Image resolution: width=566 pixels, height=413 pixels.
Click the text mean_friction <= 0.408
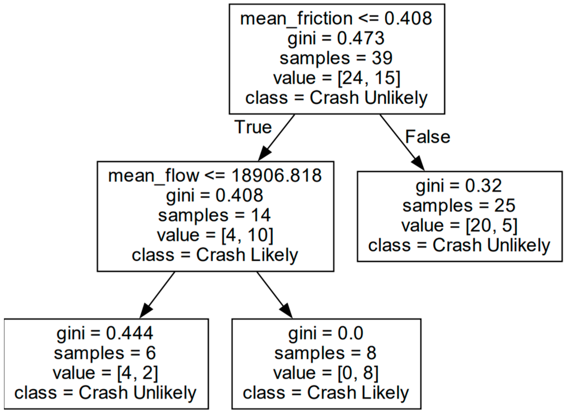point(336,19)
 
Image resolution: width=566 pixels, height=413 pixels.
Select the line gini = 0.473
point(336,39)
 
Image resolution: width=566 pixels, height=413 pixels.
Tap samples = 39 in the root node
point(336,58)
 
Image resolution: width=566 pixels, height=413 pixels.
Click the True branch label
point(253,127)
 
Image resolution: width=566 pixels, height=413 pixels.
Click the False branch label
point(428,137)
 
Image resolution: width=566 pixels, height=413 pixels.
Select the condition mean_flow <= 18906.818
point(215,176)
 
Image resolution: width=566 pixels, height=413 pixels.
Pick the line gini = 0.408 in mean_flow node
point(215,195)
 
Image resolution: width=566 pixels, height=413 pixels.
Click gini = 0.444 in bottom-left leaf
point(105,333)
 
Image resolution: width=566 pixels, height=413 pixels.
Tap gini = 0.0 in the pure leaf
point(326,333)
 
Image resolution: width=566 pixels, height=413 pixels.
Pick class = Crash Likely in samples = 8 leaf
point(326,393)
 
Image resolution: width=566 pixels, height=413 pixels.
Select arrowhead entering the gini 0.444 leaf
point(146,311)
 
